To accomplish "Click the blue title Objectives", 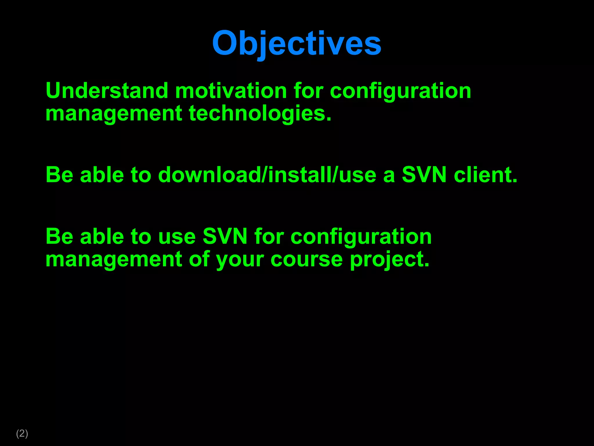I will pyautogui.click(x=297, y=44).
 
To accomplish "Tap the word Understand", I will pyautogui.click(x=107, y=91).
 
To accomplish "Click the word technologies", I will pyautogui.click(x=260, y=114).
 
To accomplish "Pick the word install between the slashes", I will pyautogui.click(x=300, y=175).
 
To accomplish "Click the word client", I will pyautogui.click(x=485, y=175).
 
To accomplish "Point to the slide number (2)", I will pyautogui.click(x=22, y=433).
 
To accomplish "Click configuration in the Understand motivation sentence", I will pyautogui.click(x=401, y=91).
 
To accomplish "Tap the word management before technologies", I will pyautogui.click(x=114, y=114).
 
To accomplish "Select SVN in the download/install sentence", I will pyautogui.click(x=424, y=175).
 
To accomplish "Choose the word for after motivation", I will pyautogui.click(x=308, y=91).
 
